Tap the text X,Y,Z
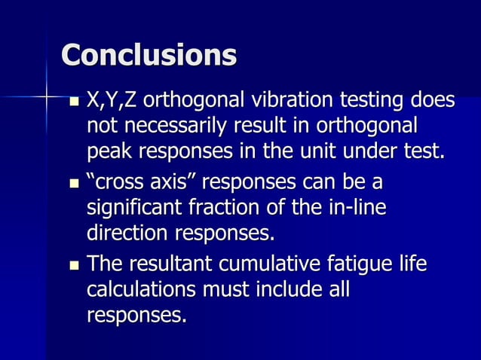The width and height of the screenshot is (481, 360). [112, 100]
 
